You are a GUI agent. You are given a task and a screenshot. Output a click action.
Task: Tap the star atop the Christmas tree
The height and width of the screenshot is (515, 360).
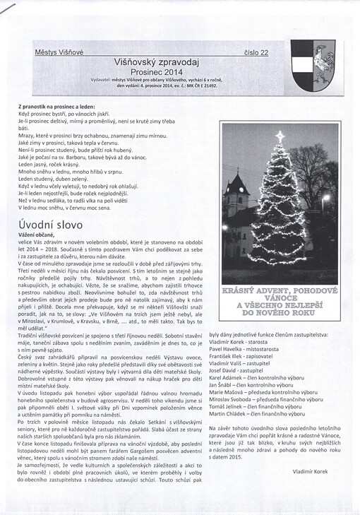coord(280,135)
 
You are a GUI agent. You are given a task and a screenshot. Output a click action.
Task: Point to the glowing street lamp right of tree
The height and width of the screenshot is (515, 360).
coord(325,199)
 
